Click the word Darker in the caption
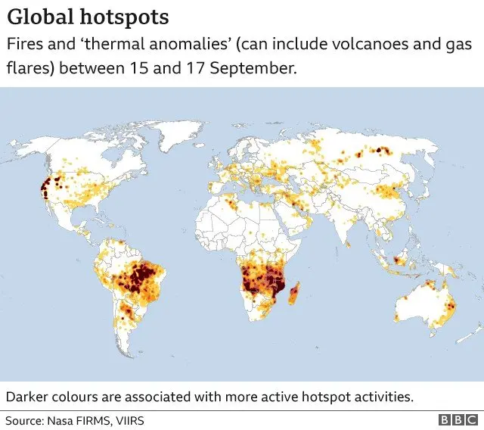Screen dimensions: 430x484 (29, 397)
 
